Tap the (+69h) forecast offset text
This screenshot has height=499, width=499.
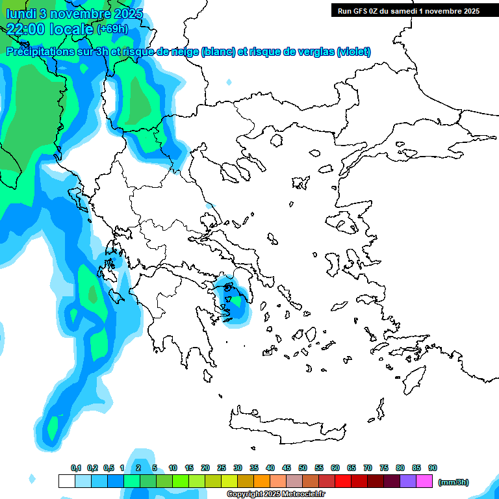coord(112,29)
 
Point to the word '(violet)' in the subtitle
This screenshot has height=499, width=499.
coord(353,52)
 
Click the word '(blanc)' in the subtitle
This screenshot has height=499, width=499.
coord(218,52)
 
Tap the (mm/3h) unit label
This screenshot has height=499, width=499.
coord(454,482)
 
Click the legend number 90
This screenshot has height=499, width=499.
coord(433,468)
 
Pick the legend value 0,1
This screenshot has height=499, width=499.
coord(76,468)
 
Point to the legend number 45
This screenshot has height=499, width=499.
coord(287,468)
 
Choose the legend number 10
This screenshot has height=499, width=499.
coord(173,468)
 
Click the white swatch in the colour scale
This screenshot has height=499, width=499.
coord(66,481)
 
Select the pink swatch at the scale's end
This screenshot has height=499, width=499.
coord(424,481)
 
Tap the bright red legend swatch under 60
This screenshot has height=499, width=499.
coord(343,481)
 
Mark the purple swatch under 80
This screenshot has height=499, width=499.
coord(408,481)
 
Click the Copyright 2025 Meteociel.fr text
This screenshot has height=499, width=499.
coord(275,494)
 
